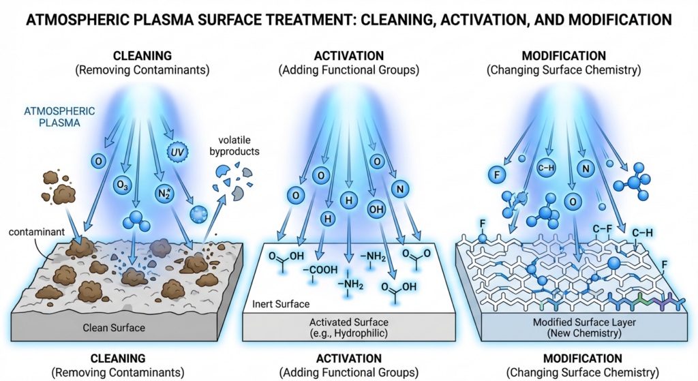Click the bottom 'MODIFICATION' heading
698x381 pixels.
coord(583,359)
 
